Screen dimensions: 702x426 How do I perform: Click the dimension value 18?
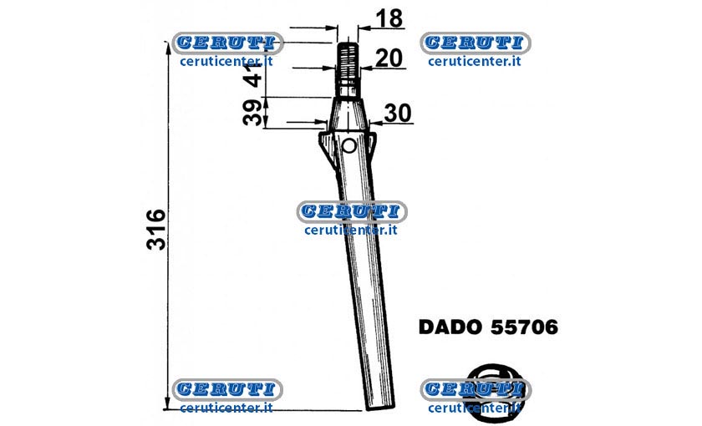click(x=389, y=18)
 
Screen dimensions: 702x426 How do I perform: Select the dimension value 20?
click(x=389, y=58)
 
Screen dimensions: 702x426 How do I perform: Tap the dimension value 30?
click(x=398, y=114)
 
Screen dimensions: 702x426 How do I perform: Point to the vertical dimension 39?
click(x=252, y=113)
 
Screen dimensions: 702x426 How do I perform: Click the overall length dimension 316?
click(x=155, y=229)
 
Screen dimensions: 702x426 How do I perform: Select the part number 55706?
click(x=524, y=327)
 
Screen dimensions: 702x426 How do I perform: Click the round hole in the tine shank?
click(x=348, y=146)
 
